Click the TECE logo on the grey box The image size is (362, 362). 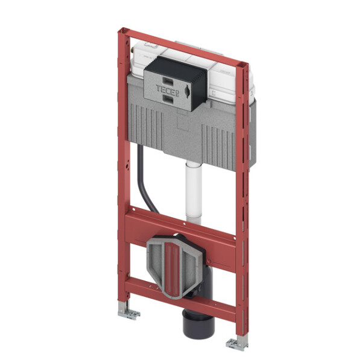coord(168,90)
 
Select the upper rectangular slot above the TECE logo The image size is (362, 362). coord(168,81)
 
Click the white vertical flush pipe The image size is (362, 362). coord(194,193)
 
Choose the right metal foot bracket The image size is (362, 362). coord(237,343)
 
